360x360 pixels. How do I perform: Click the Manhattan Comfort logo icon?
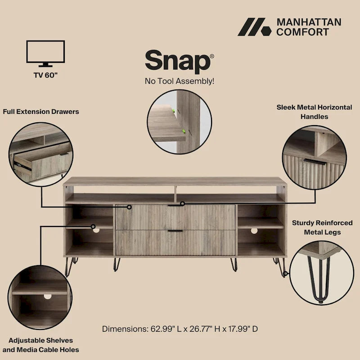coord(254,27)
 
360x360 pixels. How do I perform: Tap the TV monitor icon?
coord(45,53)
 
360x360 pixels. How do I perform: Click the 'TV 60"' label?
coord(45,74)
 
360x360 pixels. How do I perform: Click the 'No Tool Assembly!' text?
coord(179,81)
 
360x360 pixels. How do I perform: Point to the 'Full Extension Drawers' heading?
coord(41,111)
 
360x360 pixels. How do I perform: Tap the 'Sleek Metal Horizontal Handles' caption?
coord(314,112)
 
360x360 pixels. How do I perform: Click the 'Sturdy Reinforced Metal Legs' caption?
coord(316,227)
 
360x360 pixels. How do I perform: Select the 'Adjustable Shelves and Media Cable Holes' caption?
coord(40,345)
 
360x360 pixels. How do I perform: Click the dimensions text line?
coord(180,328)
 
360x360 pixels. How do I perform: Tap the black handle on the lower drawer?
coord(175,231)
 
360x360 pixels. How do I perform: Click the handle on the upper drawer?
coord(175,205)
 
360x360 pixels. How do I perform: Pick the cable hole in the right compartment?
coord(254,231)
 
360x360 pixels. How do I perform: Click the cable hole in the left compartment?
coord(96,230)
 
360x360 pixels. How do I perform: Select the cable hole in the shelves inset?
coord(47,297)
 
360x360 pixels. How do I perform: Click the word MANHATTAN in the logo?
coord(308,22)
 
